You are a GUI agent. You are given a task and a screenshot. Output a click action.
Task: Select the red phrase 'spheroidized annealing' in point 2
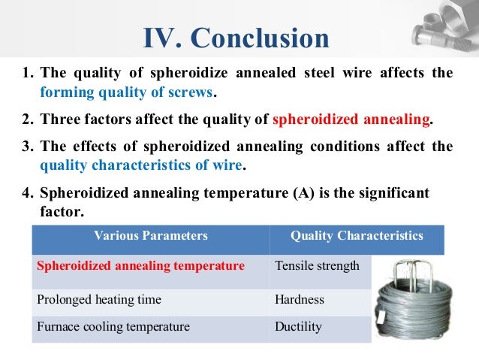[x=351, y=119]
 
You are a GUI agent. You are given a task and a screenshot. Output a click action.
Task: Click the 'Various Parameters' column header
[x=150, y=236]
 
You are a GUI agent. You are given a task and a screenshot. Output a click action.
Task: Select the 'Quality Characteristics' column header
[x=357, y=236]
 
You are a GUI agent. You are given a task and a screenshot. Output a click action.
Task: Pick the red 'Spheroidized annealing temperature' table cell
[x=140, y=266]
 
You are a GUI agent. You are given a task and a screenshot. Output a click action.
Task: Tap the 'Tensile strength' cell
[x=318, y=266]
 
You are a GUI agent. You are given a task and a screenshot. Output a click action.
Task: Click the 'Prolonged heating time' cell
[x=99, y=300]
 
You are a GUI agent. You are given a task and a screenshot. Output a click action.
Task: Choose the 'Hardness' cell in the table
[x=300, y=300]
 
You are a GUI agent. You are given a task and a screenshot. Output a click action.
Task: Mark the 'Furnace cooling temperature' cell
[x=113, y=327]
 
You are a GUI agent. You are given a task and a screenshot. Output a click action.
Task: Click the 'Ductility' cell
[x=299, y=327]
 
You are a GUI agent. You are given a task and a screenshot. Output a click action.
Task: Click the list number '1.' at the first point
[x=28, y=74]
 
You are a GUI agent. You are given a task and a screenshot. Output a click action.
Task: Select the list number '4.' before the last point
[x=28, y=193]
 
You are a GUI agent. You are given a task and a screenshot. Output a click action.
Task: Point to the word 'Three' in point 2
[x=59, y=119]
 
